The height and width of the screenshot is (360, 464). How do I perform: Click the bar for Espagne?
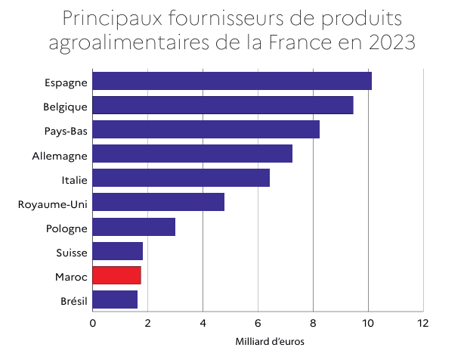click(232, 81)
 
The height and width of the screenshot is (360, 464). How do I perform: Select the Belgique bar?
click(223, 105)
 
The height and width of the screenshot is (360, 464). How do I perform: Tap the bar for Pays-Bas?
click(206, 129)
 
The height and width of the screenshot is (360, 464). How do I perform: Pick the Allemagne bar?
click(193, 154)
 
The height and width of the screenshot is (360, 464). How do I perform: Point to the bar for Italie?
click(181, 178)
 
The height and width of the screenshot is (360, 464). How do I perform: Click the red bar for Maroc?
click(117, 275)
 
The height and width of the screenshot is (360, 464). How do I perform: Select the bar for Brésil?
click(115, 299)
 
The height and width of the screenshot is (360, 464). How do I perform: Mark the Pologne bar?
click(134, 227)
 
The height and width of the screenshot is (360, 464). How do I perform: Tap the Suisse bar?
click(118, 251)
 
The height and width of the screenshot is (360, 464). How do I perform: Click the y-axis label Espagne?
click(67, 82)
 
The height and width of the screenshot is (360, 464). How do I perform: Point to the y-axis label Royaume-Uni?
click(53, 203)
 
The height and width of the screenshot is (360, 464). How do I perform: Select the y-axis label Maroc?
click(71, 277)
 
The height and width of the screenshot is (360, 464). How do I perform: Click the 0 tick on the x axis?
click(93, 323)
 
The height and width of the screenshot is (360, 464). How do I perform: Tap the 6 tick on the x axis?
click(258, 323)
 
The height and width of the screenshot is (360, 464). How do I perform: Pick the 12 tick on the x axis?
click(422, 323)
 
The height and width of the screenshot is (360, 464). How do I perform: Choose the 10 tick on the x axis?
click(368, 323)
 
